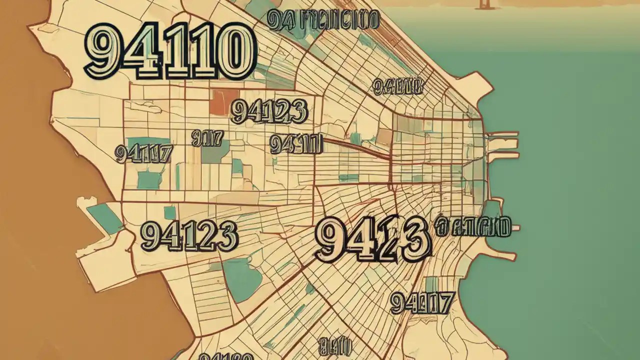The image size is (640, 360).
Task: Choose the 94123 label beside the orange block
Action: coord(269,111)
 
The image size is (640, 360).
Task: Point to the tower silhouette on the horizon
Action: coord(483,4)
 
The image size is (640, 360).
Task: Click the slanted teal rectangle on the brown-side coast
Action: coord(105,218)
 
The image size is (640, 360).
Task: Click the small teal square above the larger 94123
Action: coord(170,212)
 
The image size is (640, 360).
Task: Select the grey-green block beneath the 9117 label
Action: coord(215,152)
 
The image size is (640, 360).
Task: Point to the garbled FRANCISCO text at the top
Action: coord(323,19)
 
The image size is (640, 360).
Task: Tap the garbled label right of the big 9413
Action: coord(473,226)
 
